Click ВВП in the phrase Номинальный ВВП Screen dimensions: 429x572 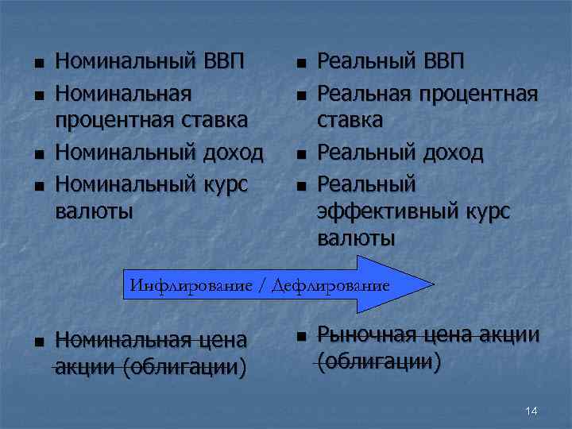[x=219, y=61]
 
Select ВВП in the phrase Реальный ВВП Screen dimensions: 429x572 [x=440, y=61]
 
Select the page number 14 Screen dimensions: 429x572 [x=531, y=411]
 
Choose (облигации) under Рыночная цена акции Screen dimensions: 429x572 [x=380, y=362]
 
